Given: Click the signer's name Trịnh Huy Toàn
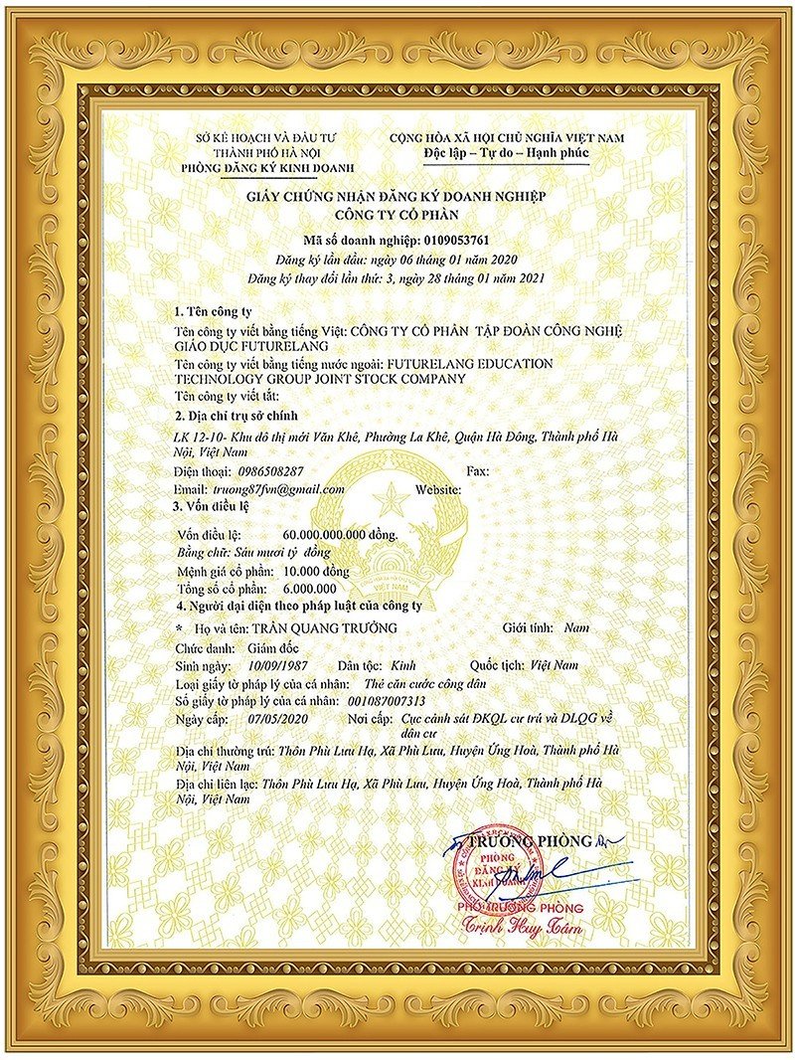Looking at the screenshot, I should click(522, 929).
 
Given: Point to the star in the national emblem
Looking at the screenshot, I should click(391, 497).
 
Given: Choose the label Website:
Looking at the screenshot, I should click(438, 489).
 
